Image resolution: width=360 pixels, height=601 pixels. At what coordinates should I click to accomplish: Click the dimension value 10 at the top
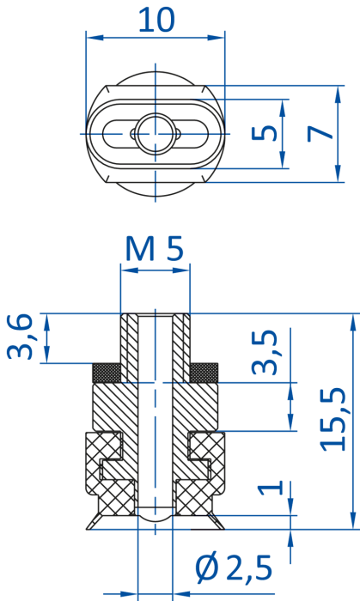[156, 20]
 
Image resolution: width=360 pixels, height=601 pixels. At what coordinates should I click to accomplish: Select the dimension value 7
[320, 134]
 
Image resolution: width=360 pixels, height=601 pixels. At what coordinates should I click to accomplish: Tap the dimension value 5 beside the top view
[264, 133]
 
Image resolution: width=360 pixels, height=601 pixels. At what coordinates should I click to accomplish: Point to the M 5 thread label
[155, 249]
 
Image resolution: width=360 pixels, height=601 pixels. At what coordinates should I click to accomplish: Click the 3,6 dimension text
[19, 337]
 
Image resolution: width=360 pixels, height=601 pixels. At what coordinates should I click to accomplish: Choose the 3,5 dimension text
[264, 352]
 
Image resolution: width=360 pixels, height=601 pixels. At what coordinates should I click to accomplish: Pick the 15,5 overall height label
[333, 419]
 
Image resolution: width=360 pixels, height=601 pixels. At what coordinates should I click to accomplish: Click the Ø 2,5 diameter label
[234, 568]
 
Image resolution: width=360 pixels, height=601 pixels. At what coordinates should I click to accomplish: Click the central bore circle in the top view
[156, 134]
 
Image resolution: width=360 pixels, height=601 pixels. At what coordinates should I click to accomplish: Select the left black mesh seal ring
[107, 373]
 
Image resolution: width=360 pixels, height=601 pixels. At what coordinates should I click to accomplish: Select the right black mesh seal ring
[204, 373]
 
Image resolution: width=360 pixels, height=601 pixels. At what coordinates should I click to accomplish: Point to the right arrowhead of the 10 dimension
[216, 38]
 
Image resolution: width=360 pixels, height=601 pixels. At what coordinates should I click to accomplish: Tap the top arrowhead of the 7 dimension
[338, 94]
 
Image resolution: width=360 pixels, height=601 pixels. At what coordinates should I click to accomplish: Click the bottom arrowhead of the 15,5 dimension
[354, 521]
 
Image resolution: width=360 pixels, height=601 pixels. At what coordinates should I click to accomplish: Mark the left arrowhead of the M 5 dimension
[129, 270]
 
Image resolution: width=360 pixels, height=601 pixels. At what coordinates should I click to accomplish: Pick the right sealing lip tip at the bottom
[224, 529]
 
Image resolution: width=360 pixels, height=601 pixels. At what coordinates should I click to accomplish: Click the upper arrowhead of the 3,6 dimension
[46, 322]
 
